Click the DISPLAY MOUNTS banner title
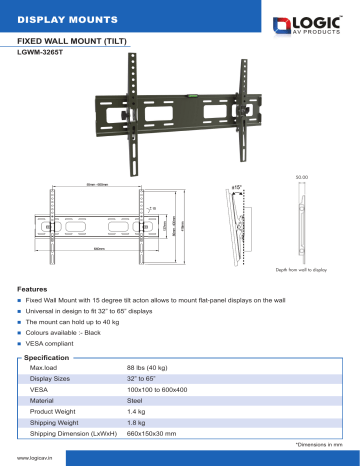[x=58, y=18]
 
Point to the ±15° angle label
[x=237, y=186]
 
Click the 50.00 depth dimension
[x=302, y=177]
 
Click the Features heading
[x=33, y=288]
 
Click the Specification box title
[x=46, y=357]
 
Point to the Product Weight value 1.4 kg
[x=138, y=412]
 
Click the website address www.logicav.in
[x=34, y=457]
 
